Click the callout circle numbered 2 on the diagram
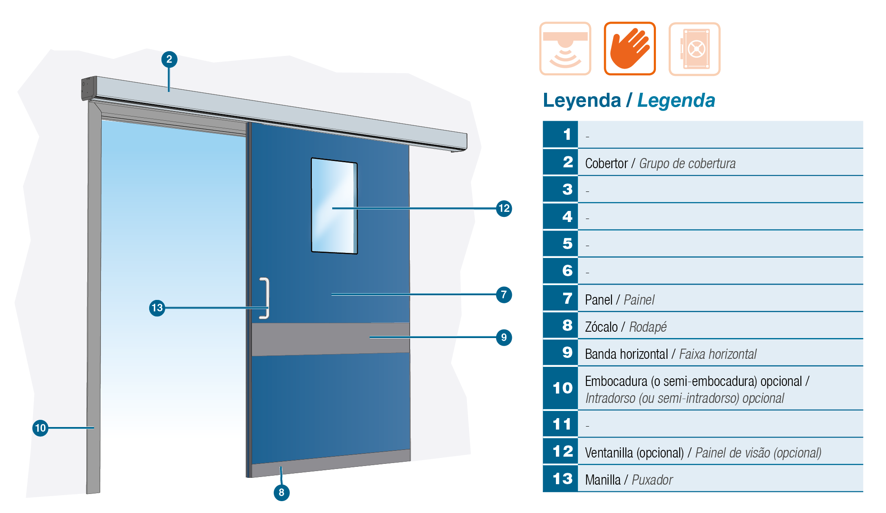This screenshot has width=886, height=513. tap(169, 59)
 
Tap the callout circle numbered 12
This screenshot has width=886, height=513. tap(504, 208)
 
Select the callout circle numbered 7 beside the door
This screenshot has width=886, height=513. tap(504, 294)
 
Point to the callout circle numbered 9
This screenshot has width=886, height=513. tap(504, 338)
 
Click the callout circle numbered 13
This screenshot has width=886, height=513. tap(157, 308)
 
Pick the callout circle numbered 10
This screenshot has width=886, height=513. tap(40, 428)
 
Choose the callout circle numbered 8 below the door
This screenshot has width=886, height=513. tap(281, 493)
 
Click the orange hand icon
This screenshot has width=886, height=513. tap(630, 49)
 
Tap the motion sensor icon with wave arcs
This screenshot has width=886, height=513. tap(565, 49)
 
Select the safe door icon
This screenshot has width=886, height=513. tap(694, 49)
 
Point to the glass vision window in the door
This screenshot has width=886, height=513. tap(334, 206)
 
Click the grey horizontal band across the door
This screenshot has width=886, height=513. tap(331, 339)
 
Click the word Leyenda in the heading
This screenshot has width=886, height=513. tap(582, 101)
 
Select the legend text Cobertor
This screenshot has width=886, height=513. tap(606, 164)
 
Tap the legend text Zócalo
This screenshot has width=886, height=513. tap(601, 327)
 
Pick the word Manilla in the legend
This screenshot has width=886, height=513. tap(603, 480)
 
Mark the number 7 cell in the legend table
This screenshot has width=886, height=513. tap(561, 298)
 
